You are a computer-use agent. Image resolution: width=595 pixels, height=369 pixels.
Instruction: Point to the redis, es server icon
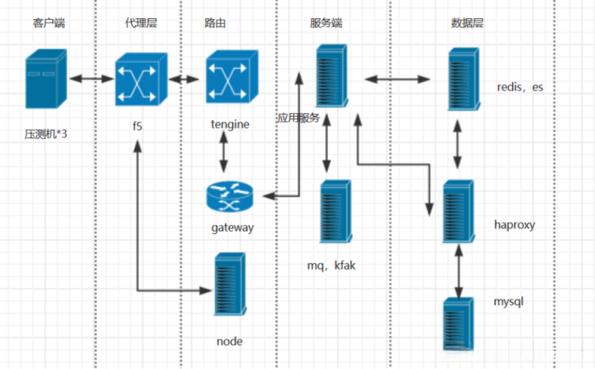tap(460, 79)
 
